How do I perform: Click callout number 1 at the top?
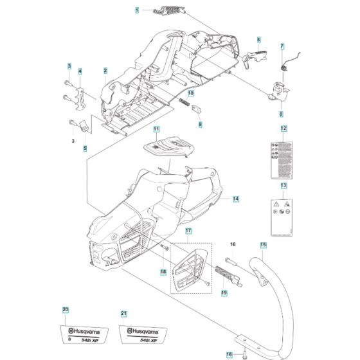coord(137,11)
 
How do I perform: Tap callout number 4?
coord(80,71)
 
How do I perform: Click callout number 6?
coord(259,40)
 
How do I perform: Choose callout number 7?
coord(282,46)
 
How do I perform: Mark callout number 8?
coord(281,114)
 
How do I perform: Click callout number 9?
coord(200,123)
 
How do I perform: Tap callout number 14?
coord(236,199)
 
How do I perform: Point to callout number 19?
coord(224,293)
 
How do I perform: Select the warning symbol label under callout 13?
coord(283,213)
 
